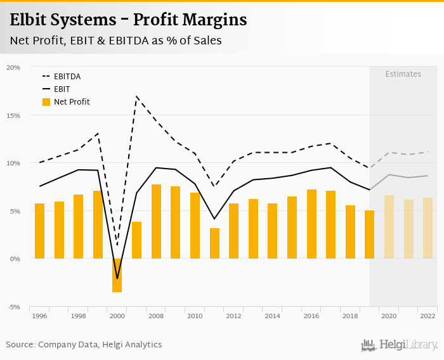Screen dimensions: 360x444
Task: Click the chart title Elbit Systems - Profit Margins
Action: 128,20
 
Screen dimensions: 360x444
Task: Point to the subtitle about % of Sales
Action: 115,41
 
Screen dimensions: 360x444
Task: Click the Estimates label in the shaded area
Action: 403,74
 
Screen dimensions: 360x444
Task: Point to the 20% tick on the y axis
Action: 13,67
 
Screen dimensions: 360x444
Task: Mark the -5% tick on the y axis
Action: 13,307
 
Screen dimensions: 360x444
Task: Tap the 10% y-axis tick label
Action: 13,163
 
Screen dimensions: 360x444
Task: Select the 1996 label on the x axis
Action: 39,316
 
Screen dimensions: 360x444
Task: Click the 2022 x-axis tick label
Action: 428,316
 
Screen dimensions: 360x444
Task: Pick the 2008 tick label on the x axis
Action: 156,316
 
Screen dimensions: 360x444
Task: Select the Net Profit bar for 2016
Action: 311,224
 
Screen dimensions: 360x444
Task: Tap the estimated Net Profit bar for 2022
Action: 428,228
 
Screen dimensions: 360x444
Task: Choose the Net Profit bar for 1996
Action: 39,231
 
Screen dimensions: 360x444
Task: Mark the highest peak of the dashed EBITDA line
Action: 136,96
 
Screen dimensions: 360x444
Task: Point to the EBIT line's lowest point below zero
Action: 117,278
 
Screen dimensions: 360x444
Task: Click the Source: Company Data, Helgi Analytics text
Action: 84,345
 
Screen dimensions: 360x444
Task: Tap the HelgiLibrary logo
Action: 399,345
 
